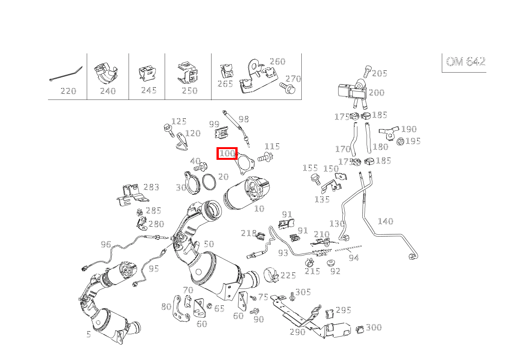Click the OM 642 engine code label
(465, 62)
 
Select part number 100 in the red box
(227, 154)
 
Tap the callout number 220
(68, 91)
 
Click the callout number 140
(385, 221)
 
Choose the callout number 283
(151, 187)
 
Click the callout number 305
(303, 292)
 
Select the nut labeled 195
(400, 141)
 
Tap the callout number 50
(208, 244)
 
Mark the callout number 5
(89, 334)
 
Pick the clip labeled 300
(360, 329)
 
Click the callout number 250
(189, 91)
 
